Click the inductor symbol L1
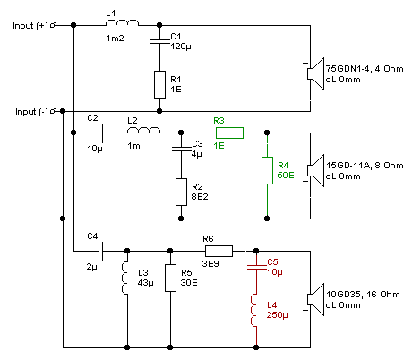pyautogui.click(x=122, y=22)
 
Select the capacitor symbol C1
pyautogui.click(x=159, y=41)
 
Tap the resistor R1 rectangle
pyautogui.click(x=159, y=84)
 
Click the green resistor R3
pyautogui.click(x=229, y=133)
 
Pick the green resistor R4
pyautogui.click(x=267, y=170)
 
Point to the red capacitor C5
pyautogui.click(x=256, y=267)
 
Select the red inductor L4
pyautogui.click(x=254, y=310)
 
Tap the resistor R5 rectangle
pyautogui.click(x=170, y=278)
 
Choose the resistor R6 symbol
pyautogui.click(x=219, y=251)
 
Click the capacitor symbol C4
pyautogui.click(x=101, y=251)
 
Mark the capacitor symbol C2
pyautogui.click(x=101, y=133)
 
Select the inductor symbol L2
pyautogui.click(x=143, y=130)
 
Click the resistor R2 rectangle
pyautogui.click(x=181, y=192)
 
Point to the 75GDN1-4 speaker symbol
pyautogui.click(x=316, y=73)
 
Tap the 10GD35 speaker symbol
pyautogui.click(x=316, y=299)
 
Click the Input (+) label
pyautogui.click(x=30, y=26)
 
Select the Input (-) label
pyautogui.click(x=31, y=112)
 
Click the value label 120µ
pyautogui.click(x=181, y=47)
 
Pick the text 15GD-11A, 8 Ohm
pyautogui.click(x=365, y=166)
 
